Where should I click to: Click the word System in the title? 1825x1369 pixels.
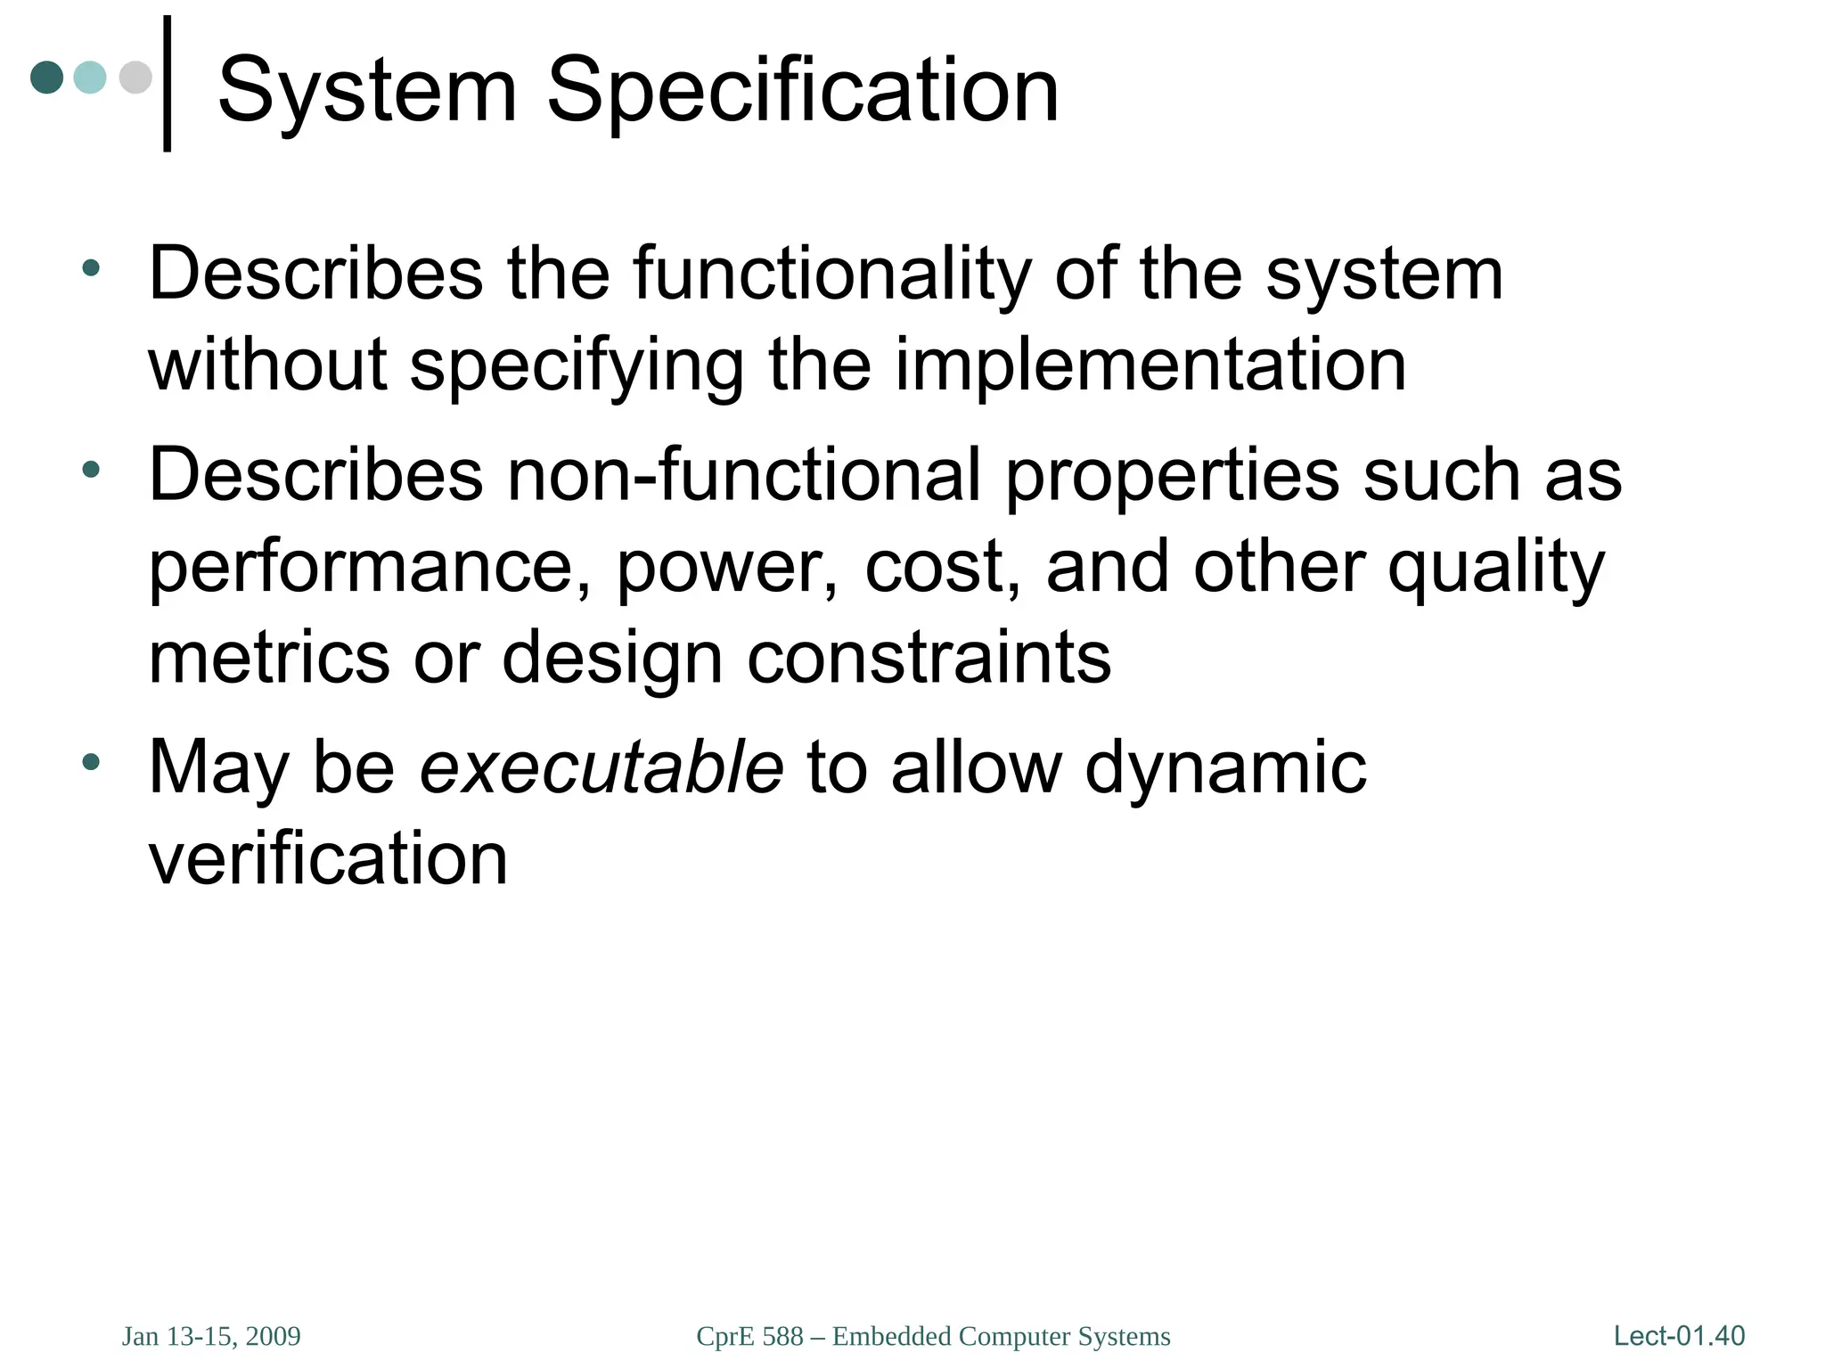pos(366,91)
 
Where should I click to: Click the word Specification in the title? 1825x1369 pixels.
pos(802,91)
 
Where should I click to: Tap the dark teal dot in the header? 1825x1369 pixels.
pos(46,78)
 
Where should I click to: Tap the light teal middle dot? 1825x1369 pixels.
pos(90,78)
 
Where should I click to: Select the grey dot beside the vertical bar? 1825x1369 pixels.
pos(135,78)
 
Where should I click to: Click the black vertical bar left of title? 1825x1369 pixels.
pos(167,84)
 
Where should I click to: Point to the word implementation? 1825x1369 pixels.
pos(1150,365)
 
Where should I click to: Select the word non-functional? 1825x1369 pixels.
pos(743,475)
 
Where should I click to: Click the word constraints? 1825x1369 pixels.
pos(929,659)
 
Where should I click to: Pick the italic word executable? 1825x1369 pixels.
pos(602,768)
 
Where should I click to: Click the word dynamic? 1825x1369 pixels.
pos(1225,768)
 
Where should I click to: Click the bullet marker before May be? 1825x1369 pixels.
pos(90,762)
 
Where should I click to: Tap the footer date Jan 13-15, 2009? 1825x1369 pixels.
pos(211,1337)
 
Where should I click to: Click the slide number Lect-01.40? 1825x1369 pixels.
pos(1679,1336)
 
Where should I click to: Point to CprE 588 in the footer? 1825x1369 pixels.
pos(749,1337)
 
